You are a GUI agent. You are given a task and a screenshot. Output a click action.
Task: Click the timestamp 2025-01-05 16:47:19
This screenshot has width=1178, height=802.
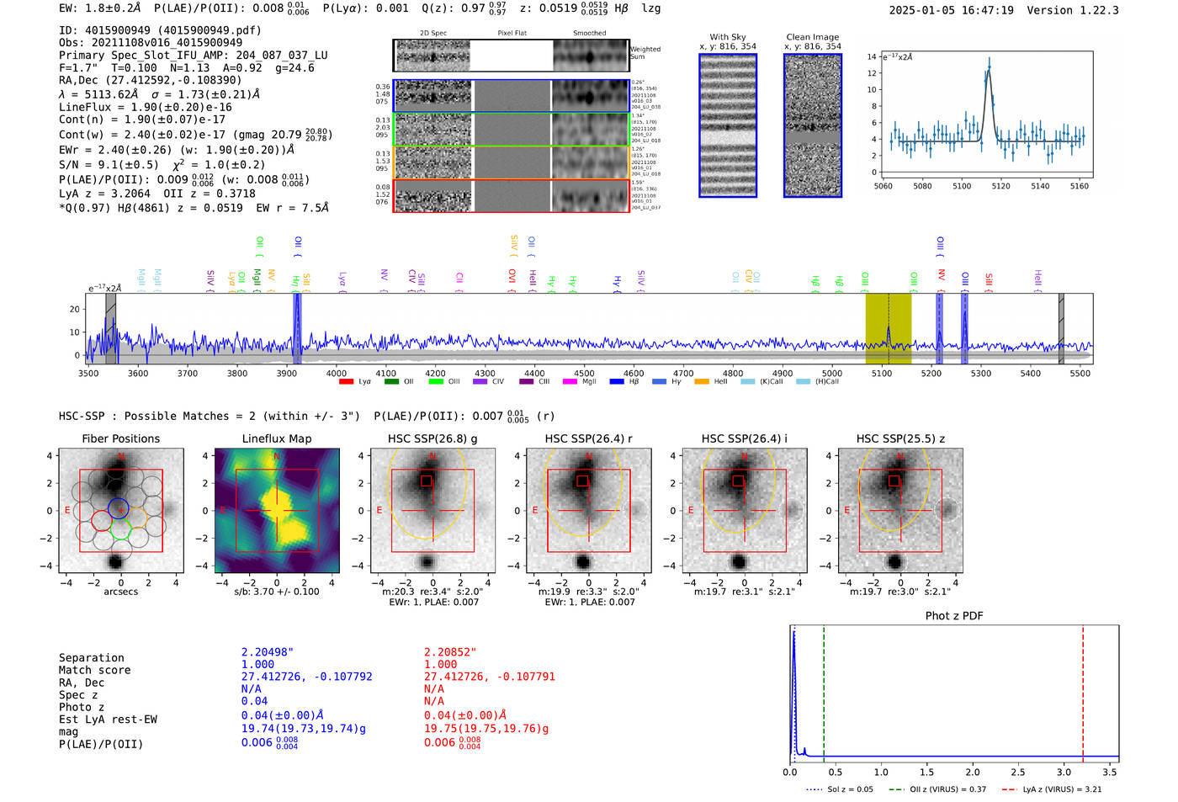pos(951,10)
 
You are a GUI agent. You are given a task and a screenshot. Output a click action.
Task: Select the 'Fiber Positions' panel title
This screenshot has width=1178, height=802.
pos(120,438)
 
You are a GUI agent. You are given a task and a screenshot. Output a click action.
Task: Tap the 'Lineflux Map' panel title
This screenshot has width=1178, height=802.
pos(276,438)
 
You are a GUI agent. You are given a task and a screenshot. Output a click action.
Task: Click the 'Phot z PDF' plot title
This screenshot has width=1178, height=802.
pos(954,615)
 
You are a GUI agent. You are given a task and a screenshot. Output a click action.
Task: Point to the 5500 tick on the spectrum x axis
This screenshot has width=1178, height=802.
pos(1080,373)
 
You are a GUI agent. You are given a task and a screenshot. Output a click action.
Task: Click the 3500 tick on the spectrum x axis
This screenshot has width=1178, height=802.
pos(88,373)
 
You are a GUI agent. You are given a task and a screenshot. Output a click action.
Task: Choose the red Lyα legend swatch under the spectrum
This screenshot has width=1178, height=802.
pos(346,381)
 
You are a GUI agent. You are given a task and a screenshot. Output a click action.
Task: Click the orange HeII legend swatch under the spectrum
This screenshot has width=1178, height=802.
pos(702,381)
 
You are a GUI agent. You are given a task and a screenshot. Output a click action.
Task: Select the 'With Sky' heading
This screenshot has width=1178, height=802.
pos(727,37)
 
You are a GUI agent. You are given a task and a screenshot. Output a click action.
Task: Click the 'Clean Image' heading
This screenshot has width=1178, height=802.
pos(812,37)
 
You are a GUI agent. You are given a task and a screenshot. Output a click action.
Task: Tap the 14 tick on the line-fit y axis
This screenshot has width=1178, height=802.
pos(872,56)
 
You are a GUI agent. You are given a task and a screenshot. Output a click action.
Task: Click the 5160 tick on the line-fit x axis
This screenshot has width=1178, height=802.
pos(1079,186)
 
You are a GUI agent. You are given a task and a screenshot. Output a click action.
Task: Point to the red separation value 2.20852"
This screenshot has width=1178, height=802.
pos(450,651)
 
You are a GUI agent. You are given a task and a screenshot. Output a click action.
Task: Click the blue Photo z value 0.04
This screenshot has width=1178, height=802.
pos(254,701)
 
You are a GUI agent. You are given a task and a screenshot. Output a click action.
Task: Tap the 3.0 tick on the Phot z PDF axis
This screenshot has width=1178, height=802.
pos(1064,772)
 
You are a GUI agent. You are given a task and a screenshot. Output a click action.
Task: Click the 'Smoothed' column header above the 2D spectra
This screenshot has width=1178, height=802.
pos(589,33)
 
